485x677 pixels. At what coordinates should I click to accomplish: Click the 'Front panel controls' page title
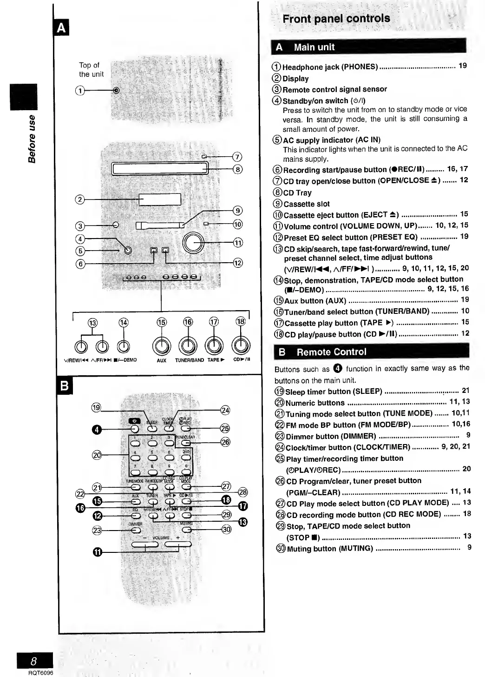pos(336,19)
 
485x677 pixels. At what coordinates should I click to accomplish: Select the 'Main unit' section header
pos(314,47)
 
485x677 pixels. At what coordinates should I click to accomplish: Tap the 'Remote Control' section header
pos(331,352)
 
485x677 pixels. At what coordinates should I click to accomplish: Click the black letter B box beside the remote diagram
pos(65,385)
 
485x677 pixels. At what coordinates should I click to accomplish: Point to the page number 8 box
pos(34,660)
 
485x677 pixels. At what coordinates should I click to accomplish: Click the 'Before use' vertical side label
pos(32,139)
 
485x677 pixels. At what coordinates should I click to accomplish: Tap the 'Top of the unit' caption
pos(91,70)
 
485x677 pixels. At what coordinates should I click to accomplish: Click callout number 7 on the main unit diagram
pos(237,157)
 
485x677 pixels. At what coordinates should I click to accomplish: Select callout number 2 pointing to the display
pos(80,199)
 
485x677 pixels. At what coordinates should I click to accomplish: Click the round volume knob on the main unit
pos(193,242)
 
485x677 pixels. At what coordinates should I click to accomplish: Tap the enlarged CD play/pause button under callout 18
pos(241,345)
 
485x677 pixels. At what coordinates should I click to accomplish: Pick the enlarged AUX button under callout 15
pos(161,345)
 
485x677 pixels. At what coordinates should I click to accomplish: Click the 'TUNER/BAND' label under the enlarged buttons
pos(189,360)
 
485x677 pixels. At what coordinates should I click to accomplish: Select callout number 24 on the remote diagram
pos(225,410)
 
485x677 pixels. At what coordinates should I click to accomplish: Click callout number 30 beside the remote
pos(226,529)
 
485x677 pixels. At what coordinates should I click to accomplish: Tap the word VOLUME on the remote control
pos(161,538)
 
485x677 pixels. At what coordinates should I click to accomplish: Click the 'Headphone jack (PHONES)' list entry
pos(330,67)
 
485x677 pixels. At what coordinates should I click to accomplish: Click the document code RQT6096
pos(40,673)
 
